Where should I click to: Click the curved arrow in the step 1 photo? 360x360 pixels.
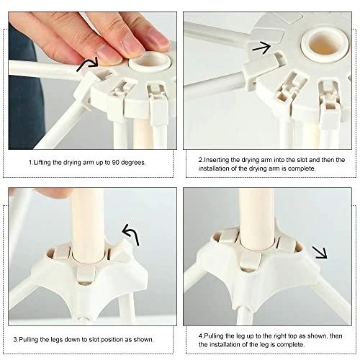(87, 63)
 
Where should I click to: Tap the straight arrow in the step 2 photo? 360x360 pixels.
(261, 48)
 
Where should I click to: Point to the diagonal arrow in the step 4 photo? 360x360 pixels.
(320, 252)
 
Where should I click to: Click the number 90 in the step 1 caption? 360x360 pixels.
(116, 163)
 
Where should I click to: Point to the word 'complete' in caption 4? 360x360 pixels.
(290, 345)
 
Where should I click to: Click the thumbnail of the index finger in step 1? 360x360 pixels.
(107, 53)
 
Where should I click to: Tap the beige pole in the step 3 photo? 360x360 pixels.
(88, 225)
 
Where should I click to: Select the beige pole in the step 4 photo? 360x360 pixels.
(257, 218)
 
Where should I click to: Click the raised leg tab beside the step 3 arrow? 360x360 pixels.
(122, 250)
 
